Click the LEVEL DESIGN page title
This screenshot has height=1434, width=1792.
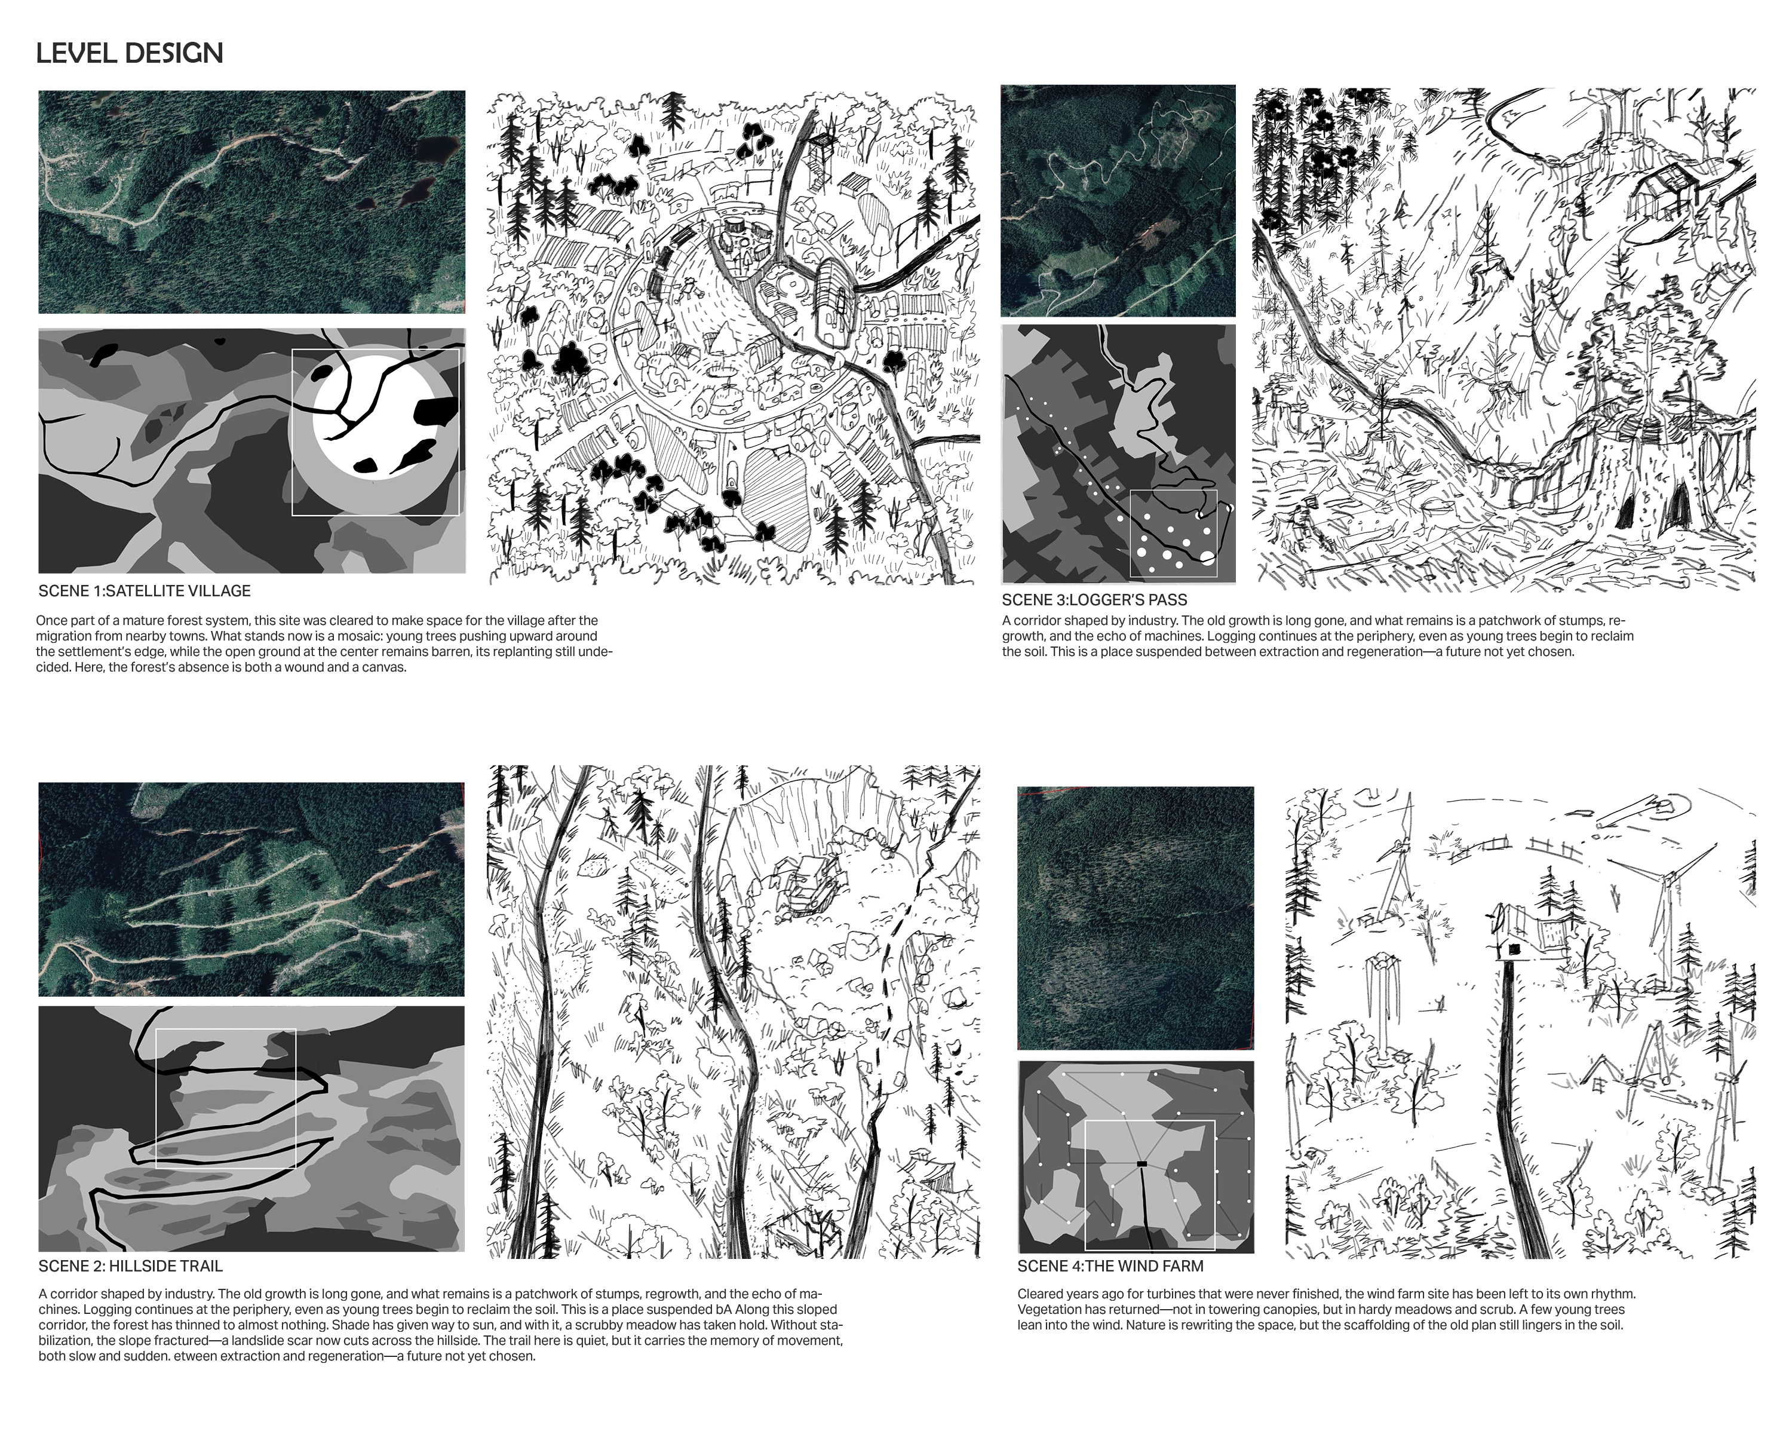pyautogui.click(x=130, y=53)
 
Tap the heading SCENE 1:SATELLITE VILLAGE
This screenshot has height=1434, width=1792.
pyautogui.click(x=145, y=591)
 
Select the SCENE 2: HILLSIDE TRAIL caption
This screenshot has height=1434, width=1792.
pyautogui.click(x=130, y=1266)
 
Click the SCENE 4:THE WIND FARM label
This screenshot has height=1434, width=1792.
pyautogui.click(x=1110, y=1266)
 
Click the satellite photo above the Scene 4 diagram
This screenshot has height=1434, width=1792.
pyautogui.click(x=1136, y=918)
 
